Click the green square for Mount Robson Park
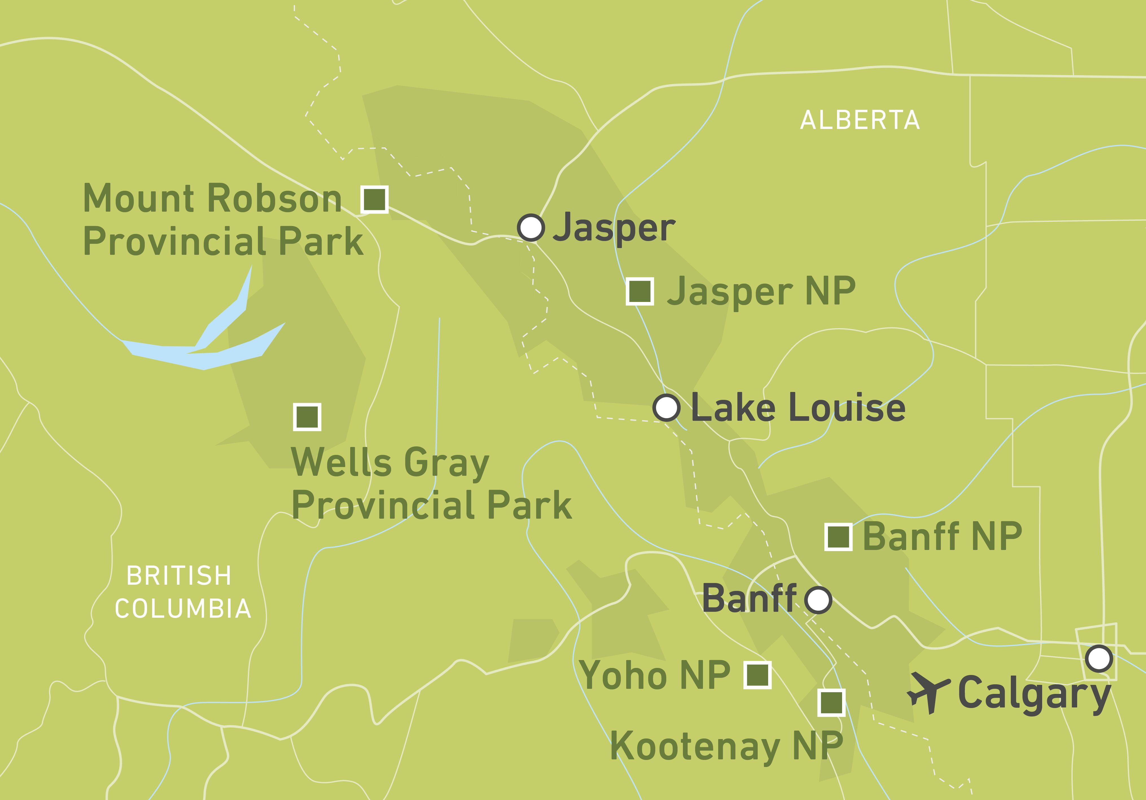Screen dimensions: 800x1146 374,199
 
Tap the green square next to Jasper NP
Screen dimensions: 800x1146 640,291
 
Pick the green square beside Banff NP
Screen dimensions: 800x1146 838,537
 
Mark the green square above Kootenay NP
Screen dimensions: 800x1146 831,703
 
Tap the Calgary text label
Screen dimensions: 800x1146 1033,694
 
